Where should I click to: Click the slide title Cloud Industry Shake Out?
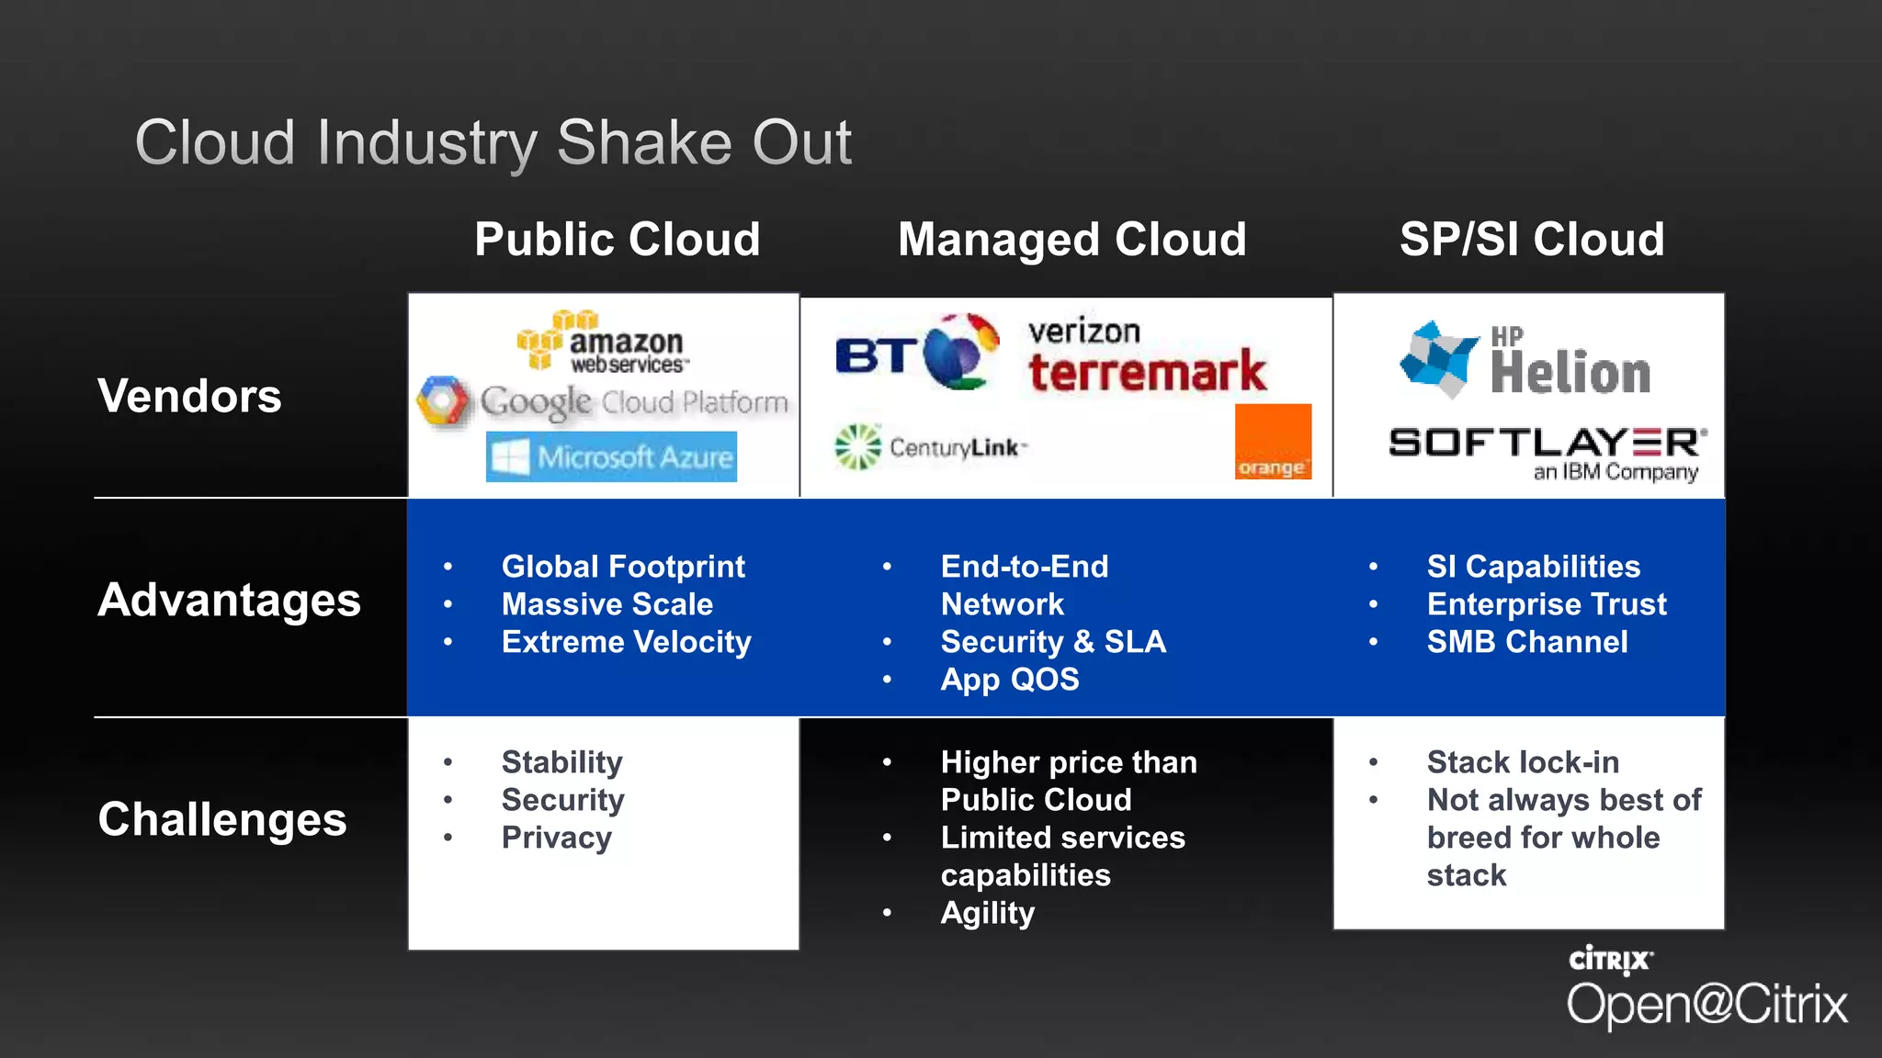point(493,143)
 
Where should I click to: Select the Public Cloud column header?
point(617,240)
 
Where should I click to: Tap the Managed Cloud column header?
point(1071,240)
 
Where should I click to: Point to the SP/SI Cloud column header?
point(1531,240)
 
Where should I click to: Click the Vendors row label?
point(189,397)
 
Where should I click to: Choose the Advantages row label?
point(229,601)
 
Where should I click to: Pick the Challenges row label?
point(222,819)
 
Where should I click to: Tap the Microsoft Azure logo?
point(611,456)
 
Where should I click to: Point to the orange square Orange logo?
point(1272,442)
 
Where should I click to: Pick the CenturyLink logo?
point(930,447)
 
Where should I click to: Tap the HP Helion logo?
point(1526,360)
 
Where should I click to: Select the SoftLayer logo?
point(1548,452)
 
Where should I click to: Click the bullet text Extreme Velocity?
point(626,642)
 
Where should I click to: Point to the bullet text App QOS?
point(1009,680)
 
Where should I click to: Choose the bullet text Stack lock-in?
point(1522,762)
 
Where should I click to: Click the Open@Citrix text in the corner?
point(1706,1004)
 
